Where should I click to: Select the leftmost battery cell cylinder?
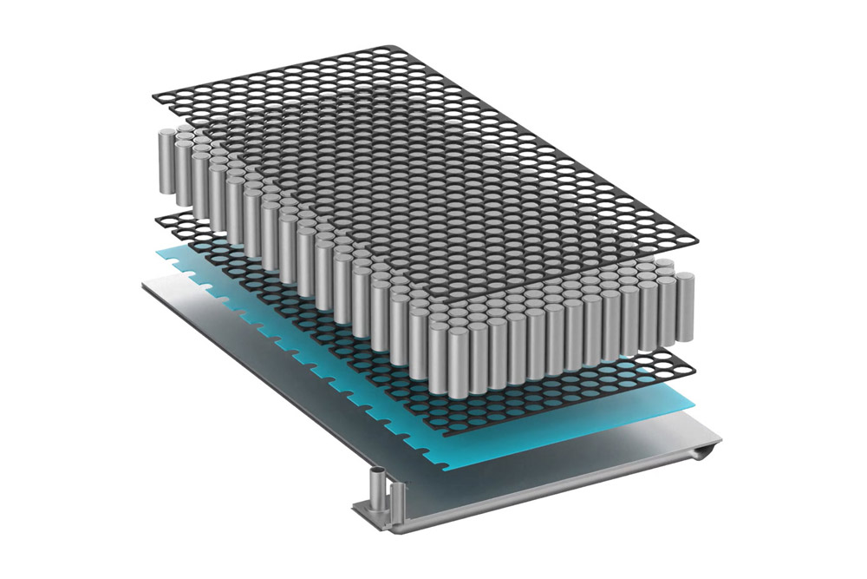pyautogui.click(x=164, y=161)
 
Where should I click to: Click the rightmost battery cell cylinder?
pyautogui.click(x=684, y=304)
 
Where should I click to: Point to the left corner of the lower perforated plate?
pyautogui.click(x=158, y=218)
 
